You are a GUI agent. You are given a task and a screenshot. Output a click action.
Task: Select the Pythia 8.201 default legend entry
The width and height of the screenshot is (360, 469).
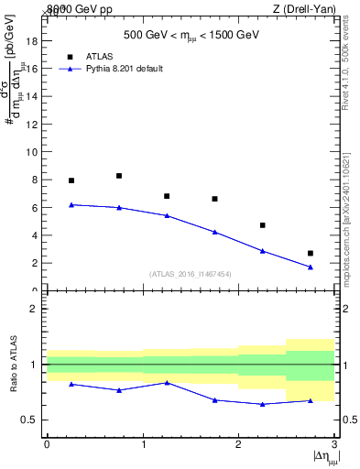coord(124,69)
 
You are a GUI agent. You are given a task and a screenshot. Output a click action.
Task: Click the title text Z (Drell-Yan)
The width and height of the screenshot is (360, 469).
coord(304,8)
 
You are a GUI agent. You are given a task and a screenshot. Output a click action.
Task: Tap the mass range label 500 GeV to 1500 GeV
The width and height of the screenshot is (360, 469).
coord(191,36)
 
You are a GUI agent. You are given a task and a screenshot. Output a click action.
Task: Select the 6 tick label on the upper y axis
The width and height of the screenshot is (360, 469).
coord(33,208)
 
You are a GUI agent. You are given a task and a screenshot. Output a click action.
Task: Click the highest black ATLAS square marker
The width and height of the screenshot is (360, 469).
coord(119,176)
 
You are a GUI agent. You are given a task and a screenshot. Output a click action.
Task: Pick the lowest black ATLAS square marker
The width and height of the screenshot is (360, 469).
coord(311,253)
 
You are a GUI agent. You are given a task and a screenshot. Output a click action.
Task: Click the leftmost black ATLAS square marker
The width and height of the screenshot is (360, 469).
coord(71,180)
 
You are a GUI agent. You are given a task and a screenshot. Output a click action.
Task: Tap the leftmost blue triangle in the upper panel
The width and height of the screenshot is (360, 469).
coord(71,204)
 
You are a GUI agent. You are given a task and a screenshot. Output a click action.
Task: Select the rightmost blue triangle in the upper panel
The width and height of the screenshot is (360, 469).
coord(311,267)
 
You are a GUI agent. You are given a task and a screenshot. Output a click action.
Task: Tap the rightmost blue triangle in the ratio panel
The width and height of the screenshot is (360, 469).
coord(311,400)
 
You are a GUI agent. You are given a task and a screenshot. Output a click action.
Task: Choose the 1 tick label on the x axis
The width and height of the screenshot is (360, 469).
coord(143,443)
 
